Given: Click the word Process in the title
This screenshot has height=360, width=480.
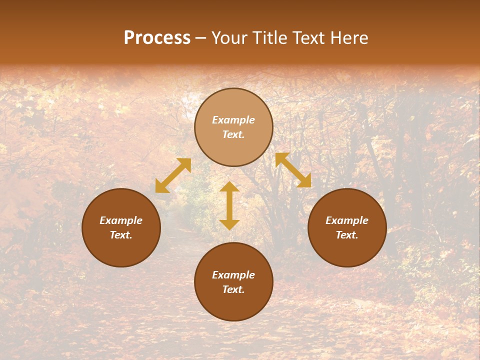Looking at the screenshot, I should tap(157, 38).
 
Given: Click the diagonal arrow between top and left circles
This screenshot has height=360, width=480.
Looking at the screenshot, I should tap(173, 175).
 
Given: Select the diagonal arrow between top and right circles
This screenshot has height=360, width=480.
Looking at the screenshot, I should tap(293, 170).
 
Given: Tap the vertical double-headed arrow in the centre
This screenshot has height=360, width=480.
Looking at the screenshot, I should tap(229, 205).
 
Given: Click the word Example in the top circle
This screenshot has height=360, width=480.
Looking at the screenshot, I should tap(233, 120).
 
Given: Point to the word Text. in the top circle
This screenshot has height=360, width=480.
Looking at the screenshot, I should tap(233, 134).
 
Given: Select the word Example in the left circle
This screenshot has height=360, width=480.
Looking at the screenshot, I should tap(121, 220).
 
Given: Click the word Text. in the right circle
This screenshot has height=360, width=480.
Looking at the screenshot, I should tap(347, 235).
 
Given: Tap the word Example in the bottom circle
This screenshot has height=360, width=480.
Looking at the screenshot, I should tap(233, 275).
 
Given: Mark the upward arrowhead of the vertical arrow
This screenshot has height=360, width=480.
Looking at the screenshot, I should tap(229, 187).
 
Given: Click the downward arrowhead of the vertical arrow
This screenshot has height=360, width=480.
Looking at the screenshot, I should tap(229, 224).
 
